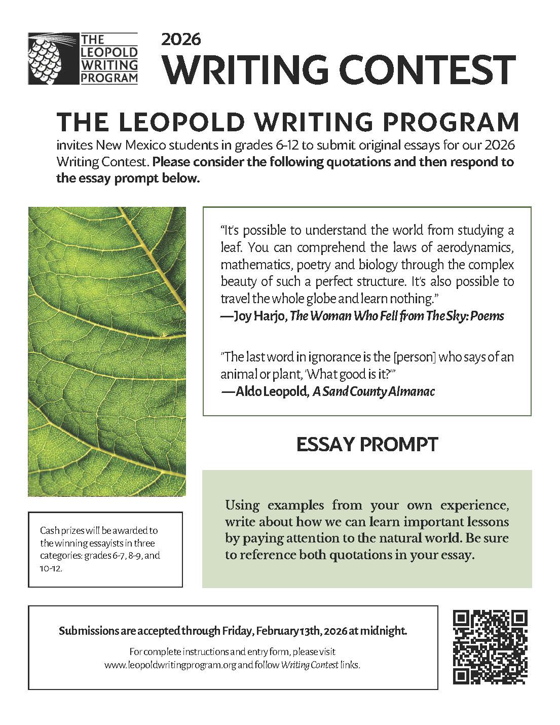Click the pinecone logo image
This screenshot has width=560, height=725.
coord(53,58)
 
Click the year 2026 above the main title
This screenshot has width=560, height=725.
coord(181,39)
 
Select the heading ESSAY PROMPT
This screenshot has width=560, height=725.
coord(367,445)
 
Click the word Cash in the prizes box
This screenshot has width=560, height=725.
coord(50,531)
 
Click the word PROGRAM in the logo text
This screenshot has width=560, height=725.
coord(109,77)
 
